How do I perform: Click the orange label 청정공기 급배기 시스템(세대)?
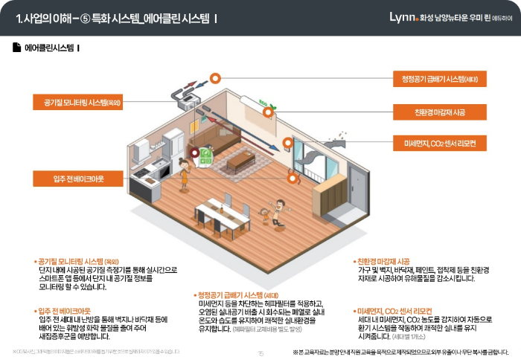click(439, 79)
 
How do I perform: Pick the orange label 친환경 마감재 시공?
click(439, 112)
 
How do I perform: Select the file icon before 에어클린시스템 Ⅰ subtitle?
click(16, 48)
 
